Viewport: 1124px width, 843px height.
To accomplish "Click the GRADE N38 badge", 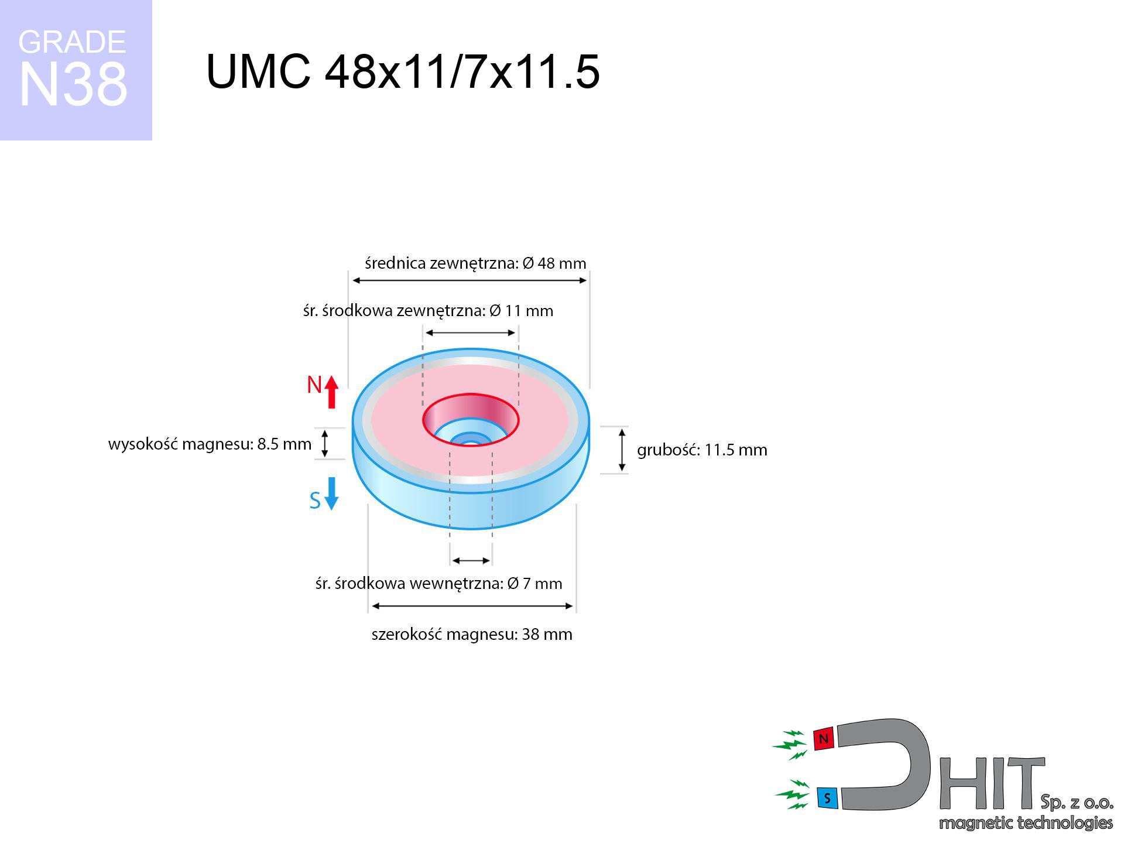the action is pos(76,70).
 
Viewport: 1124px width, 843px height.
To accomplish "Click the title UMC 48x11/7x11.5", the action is pos(403,71).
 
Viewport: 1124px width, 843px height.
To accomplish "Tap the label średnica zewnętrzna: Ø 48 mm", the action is pos(475,263).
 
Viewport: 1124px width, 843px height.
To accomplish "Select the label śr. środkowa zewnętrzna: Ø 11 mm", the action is pos(428,310).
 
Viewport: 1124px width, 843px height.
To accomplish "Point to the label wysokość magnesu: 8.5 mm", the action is pos(210,444).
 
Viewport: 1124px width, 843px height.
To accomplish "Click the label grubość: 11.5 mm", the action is pos(702,450).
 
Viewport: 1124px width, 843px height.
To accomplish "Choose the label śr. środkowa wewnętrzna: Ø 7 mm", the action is pos(438,583).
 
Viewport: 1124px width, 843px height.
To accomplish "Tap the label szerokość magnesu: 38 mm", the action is pos(472,634).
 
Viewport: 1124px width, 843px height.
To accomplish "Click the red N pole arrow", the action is pos(332,392).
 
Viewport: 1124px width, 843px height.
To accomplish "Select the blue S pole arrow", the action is pos(331,494).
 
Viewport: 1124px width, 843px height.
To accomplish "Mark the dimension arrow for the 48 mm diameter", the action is pos(470,280).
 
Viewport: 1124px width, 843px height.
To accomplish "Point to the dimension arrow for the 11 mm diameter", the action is pos(471,333).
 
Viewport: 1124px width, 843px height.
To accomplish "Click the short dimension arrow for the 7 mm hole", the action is pos(471,560).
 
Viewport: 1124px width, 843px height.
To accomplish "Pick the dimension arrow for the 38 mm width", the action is pos(472,606).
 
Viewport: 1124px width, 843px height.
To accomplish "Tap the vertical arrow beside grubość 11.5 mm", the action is pos(622,450).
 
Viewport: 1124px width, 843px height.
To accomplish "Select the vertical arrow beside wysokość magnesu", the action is pos(325,443).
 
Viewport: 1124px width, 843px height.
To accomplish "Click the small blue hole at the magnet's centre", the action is pos(471,440).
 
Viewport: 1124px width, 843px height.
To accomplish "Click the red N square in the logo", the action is pos(824,739).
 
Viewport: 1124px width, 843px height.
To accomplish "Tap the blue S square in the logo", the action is pos(827,798).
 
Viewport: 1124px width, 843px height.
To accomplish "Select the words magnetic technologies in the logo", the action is pos(1026,823).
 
